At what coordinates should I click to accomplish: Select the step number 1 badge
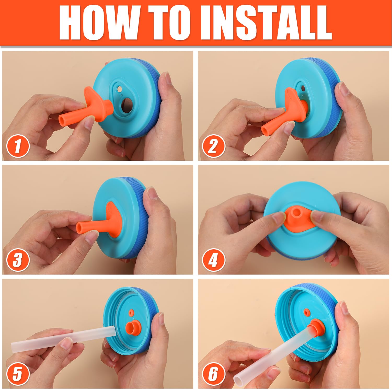pyautogui.click(x=18, y=146)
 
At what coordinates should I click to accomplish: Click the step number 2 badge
pyautogui.click(x=213, y=146)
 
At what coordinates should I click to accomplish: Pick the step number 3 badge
pyautogui.click(x=18, y=260)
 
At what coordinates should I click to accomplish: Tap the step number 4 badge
pyautogui.click(x=213, y=260)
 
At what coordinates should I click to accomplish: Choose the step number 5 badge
pyautogui.click(x=18, y=374)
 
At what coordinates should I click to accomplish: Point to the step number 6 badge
pyautogui.click(x=213, y=374)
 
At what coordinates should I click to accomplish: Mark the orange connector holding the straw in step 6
pyautogui.click(x=316, y=329)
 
